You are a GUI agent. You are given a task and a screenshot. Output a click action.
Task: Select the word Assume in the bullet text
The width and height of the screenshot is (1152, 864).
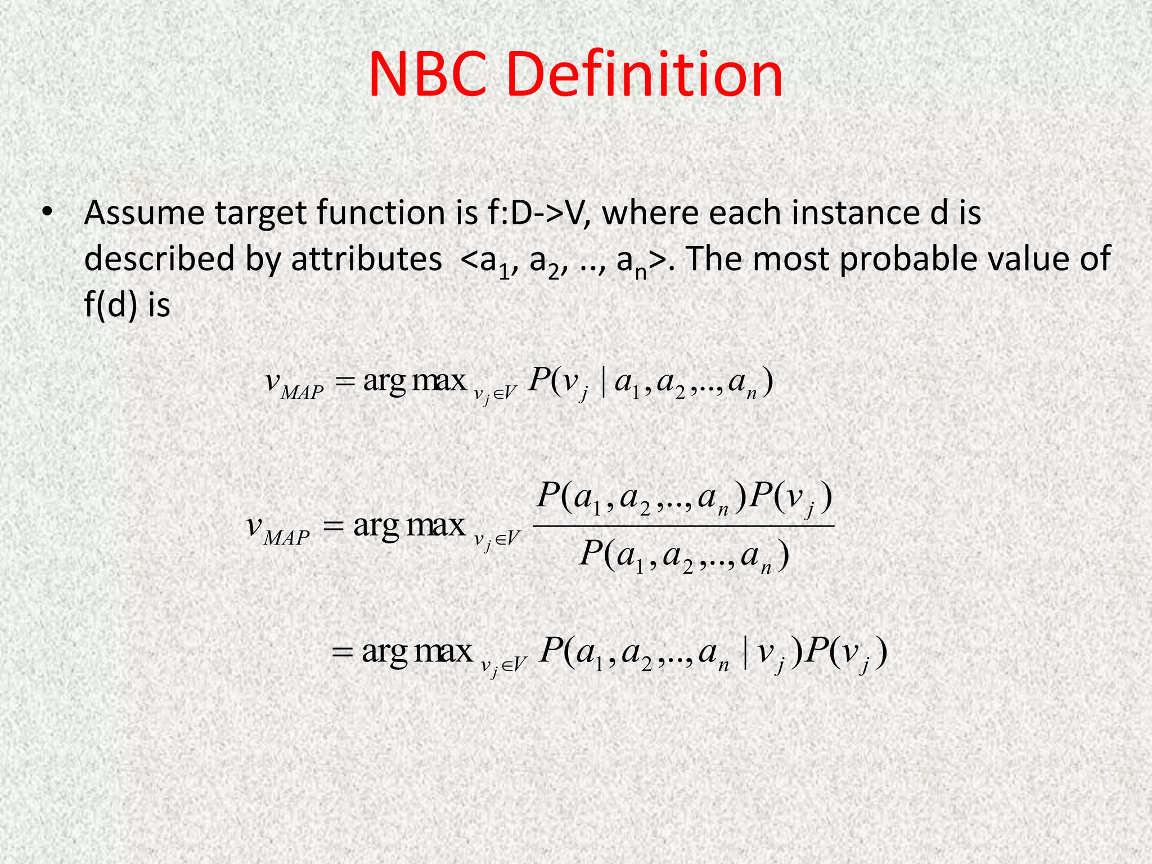[144, 213]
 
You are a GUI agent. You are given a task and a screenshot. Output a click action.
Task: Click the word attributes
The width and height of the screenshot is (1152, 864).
[366, 259]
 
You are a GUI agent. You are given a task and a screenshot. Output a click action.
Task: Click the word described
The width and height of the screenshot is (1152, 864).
[159, 259]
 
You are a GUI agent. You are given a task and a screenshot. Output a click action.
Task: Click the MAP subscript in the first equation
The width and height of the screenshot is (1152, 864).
[302, 391]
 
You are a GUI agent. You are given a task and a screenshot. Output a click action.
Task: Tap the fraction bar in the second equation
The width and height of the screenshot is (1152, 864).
[682, 526]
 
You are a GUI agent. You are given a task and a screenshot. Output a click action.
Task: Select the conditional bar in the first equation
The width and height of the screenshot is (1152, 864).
[603, 382]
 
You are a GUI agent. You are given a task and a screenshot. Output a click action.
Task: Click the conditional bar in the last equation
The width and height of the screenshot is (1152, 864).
[746, 654]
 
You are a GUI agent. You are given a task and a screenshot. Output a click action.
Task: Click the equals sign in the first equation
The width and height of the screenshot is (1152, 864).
[345, 382]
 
